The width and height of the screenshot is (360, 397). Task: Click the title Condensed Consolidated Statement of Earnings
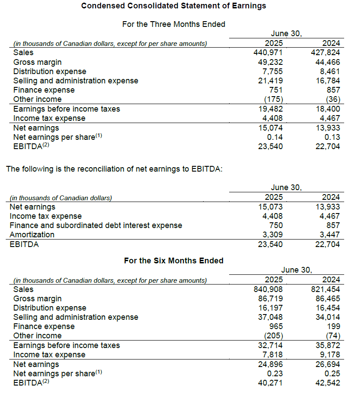point(174,6)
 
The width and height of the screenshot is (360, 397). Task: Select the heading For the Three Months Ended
point(174,24)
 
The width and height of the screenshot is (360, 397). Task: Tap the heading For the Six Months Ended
point(174,261)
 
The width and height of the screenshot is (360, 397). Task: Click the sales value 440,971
point(270,52)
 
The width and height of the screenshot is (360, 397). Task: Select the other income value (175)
point(273,99)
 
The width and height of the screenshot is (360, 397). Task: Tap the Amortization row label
point(32,235)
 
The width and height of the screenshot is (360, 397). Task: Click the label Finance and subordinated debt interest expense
point(96,225)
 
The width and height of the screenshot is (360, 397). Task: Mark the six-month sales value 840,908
point(270,289)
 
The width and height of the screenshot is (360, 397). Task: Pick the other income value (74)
point(332,336)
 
